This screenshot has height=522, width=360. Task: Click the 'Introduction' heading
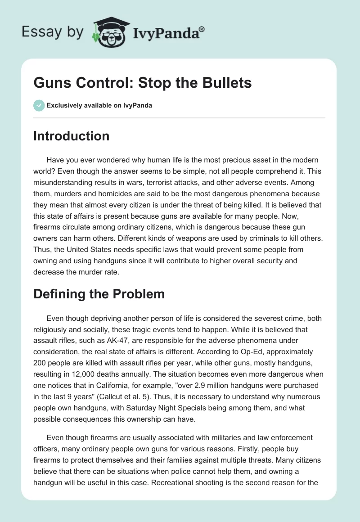pyautogui.click(x=71, y=136)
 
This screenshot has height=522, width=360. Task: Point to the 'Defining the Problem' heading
pyautogui.click(x=99, y=294)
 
